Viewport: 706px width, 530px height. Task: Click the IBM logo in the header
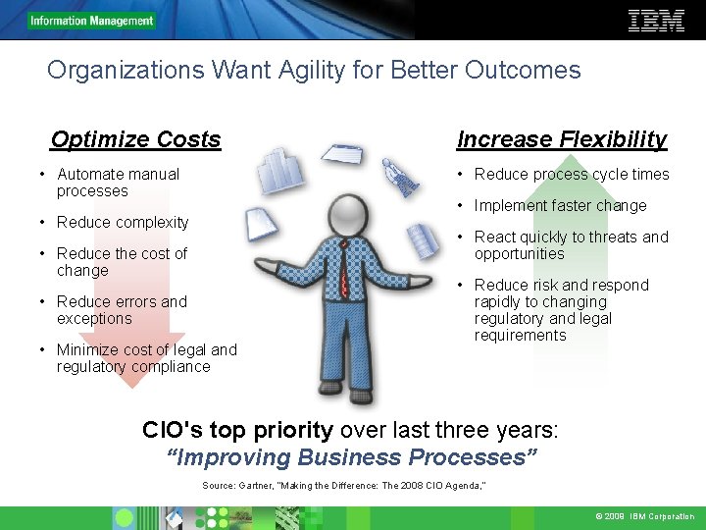pos(656,21)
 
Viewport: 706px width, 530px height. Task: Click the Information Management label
pos(91,21)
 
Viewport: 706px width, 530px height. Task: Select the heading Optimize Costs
pos(135,139)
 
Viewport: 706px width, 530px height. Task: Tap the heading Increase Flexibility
pos(562,139)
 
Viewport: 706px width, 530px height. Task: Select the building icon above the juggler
pos(281,171)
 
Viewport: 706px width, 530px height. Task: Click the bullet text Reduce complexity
pos(123,222)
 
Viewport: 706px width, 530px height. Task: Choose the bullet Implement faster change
pos(560,206)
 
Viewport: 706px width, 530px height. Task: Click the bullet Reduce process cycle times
pos(572,175)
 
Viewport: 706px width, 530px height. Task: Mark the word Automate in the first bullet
pos(89,175)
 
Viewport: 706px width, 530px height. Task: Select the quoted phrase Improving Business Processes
pos(353,457)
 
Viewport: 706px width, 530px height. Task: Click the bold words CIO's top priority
pos(238,430)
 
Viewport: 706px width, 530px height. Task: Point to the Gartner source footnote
pos(344,486)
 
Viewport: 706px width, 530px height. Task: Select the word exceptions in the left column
pos(94,318)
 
